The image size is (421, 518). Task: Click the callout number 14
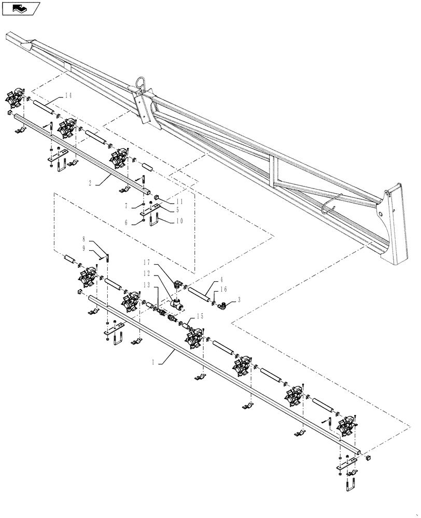point(69,96)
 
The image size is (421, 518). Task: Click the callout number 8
point(83,240)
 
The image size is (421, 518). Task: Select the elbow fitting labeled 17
point(178,283)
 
